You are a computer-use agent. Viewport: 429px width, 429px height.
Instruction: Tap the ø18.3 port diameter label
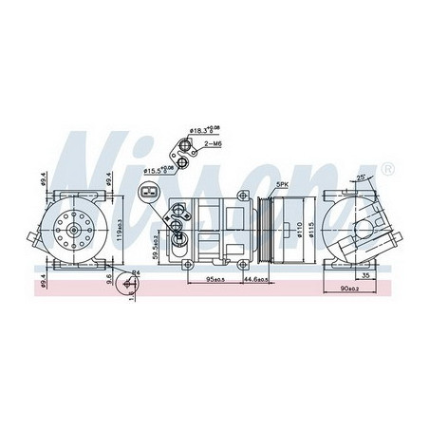(202, 128)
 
